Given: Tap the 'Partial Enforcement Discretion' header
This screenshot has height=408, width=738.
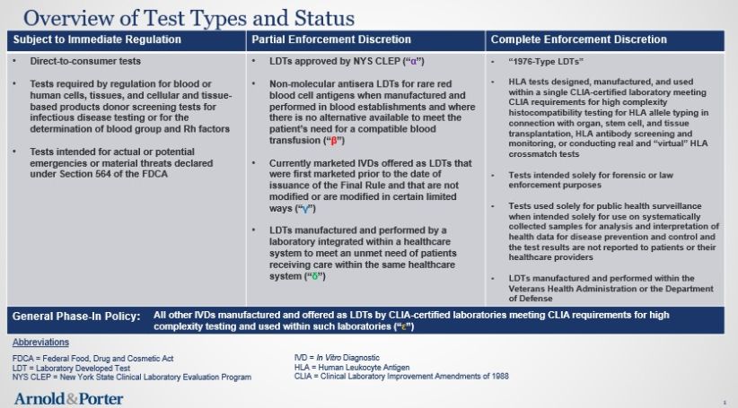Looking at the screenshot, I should pos(331,39).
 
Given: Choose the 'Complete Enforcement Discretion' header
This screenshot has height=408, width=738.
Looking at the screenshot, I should pos(577,39).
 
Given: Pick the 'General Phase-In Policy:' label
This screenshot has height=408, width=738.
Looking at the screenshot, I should pos(75,316).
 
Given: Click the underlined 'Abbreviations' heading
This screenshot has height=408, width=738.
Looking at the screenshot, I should pos(41,343).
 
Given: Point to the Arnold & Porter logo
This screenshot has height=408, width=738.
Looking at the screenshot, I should pos(68,397).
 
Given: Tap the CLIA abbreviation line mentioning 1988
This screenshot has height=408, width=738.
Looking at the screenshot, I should pos(401,376).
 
